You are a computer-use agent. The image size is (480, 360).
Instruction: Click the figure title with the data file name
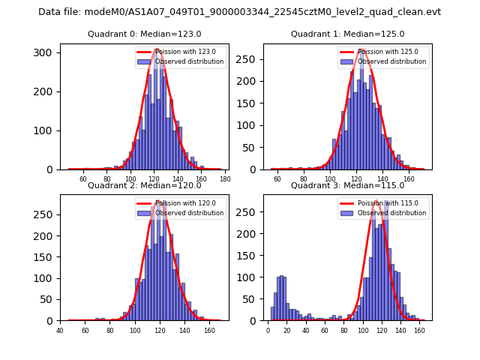coord(239,12)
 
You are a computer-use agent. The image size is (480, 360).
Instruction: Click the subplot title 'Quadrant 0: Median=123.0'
coord(145,34)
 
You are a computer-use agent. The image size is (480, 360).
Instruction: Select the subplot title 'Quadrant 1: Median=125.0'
coord(347,34)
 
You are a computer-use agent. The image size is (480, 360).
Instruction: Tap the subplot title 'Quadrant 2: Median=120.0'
coord(145,185)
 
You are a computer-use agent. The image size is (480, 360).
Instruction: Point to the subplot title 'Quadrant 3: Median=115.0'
coord(347,185)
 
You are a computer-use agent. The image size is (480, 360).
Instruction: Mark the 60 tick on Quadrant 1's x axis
coord(277,179)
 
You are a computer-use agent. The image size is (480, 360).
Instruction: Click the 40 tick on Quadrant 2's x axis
coord(60,330)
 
